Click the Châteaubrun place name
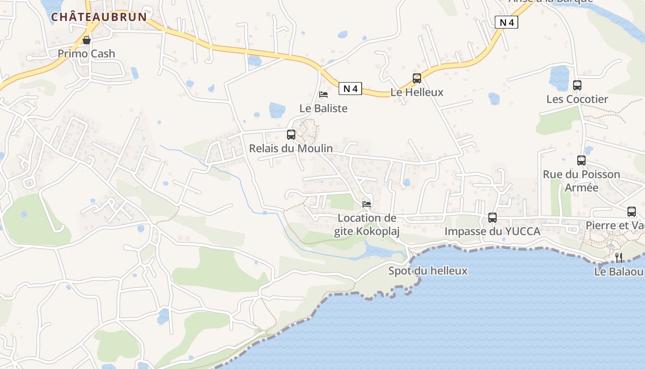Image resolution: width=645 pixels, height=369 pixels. coord(99,17)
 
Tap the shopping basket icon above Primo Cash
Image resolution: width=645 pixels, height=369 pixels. coord(86,40)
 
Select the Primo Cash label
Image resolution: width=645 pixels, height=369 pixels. coord(86,54)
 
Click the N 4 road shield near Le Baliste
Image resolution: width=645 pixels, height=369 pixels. coord(350,89)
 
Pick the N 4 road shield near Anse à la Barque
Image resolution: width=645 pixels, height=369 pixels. coord(506,22)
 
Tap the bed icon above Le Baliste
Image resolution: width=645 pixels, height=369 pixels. coord(323,95)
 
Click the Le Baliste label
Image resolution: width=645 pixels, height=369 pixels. coord(323,108)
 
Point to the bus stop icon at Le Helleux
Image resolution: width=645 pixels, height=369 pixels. coord(417,78)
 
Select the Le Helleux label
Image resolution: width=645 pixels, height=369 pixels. coord(417,92)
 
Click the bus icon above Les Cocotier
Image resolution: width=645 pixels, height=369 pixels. coord(577,85)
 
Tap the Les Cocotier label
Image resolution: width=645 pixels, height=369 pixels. coord(577,99)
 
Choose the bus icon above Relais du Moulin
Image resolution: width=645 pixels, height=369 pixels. coord(291,135)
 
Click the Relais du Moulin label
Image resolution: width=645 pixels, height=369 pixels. coord(291,149)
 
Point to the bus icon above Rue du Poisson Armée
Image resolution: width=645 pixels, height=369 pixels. coord(581,161)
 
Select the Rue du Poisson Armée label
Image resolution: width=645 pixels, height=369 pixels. coord(581,181)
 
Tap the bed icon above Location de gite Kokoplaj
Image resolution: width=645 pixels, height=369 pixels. coord(367,204)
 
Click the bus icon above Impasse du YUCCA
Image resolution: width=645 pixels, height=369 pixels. coord(493,218)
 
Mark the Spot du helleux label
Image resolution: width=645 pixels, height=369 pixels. coord(428,271)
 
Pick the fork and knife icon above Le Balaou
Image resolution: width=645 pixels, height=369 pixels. coord(619,257)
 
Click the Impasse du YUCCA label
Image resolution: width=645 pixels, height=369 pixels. coord(493,232)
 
